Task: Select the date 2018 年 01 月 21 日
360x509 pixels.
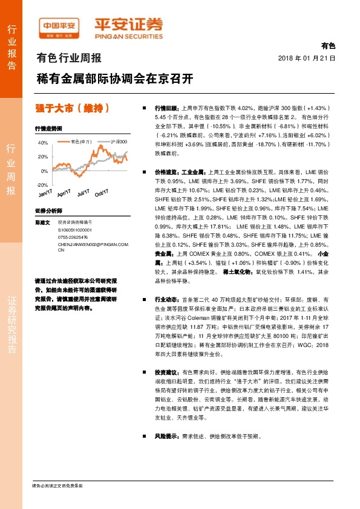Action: coord(306,57)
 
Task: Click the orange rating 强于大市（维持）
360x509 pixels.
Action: coord(73,108)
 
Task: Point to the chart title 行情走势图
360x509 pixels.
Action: coord(49,129)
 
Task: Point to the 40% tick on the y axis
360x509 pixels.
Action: coord(43,143)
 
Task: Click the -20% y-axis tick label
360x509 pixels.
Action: coord(42,185)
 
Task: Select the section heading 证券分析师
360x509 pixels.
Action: coord(49,211)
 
